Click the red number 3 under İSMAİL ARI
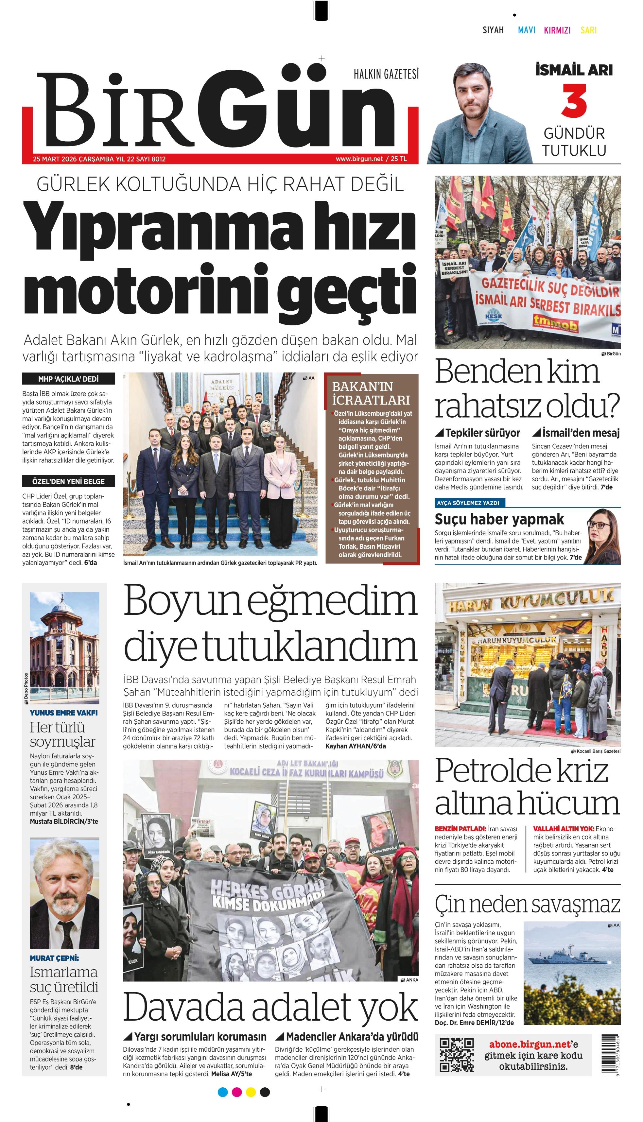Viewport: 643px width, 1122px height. click(574, 101)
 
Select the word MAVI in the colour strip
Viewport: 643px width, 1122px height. click(527, 30)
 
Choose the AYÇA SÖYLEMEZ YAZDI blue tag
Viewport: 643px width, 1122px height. click(468, 503)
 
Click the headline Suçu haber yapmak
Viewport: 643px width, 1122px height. click(499, 519)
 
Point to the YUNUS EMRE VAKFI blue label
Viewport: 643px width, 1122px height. click(63, 713)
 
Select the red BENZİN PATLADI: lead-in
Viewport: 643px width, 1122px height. click(460, 829)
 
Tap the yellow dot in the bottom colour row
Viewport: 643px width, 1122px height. click(251, 1092)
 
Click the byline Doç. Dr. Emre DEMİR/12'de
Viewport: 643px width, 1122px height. click(474, 1022)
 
